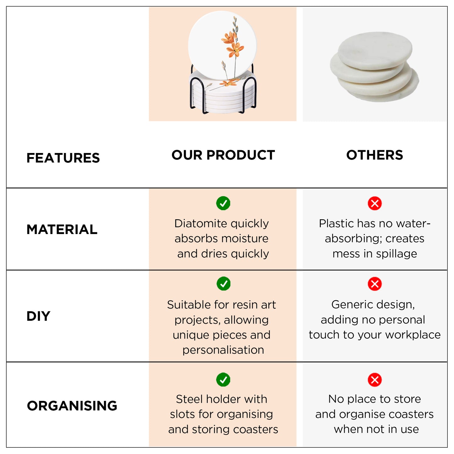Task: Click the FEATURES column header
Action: tap(63, 158)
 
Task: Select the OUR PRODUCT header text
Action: tap(223, 155)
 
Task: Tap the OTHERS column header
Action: tap(375, 155)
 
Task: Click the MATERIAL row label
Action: tap(62, 229)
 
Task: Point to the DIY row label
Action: tap(38, 316)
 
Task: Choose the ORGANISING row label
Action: tap(72, 406)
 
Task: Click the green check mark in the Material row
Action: tap(223, 203)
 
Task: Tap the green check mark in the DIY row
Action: tap(223, 284)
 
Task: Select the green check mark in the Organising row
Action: tap(223, 380)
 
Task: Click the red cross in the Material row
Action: tap(375, 203)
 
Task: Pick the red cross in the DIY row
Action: tap(375, 284)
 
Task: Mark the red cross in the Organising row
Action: tap(375, 380)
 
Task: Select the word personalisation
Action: tap(223, 350)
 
